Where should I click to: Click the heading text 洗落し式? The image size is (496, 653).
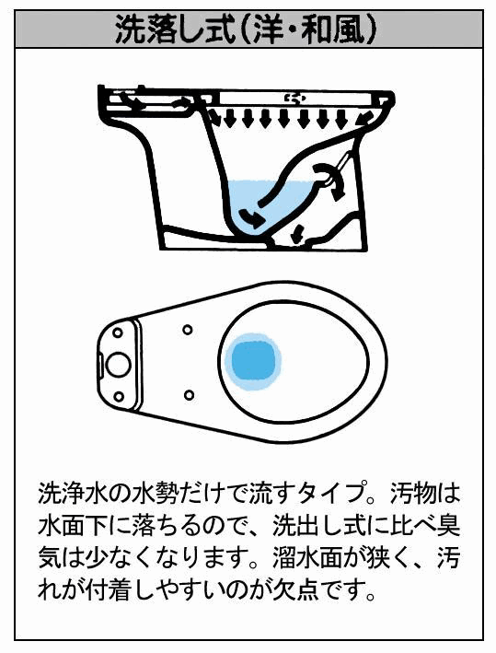[175, 30]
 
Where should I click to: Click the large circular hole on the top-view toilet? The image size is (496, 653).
[118, 364]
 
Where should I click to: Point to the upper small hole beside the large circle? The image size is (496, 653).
[118, 332]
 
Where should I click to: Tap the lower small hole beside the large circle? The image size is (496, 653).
[119, 396]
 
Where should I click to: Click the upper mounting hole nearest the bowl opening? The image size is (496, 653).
[188, 330]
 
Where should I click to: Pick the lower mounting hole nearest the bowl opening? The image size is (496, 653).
[188, 393]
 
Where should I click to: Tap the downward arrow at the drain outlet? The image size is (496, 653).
[297, 234]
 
